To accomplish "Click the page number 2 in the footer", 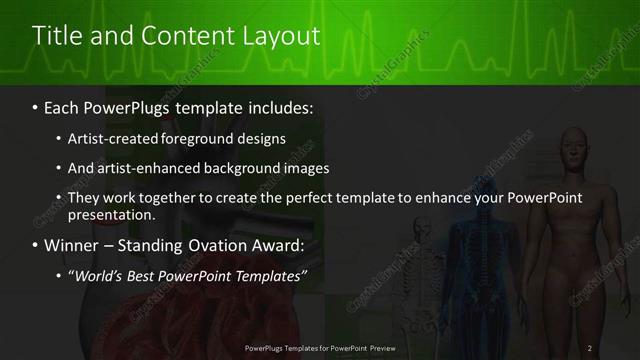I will (590, 347).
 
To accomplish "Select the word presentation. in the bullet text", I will (110, 214).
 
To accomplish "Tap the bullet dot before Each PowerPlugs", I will (36, 105).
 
